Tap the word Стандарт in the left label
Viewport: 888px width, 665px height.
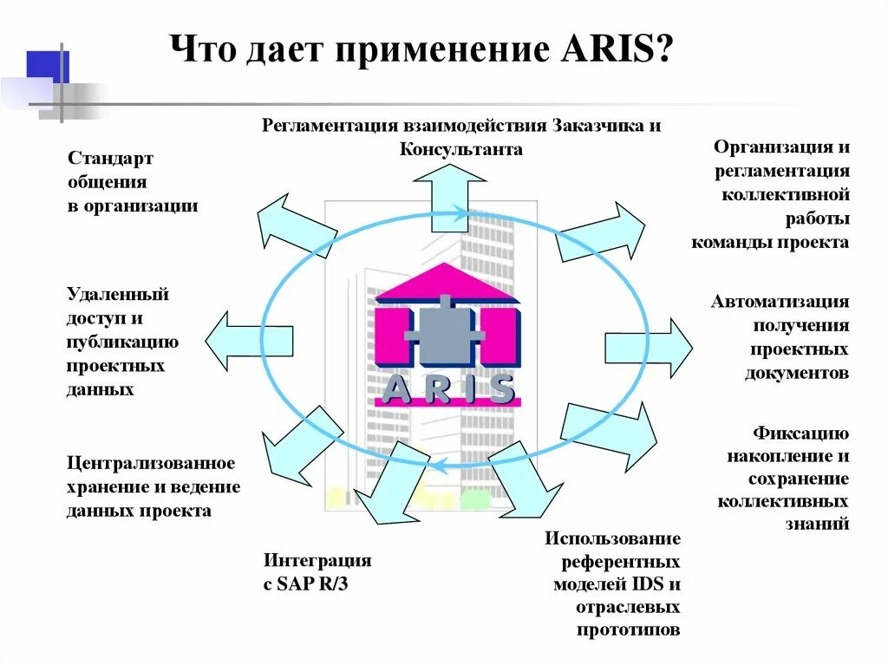point(110,159)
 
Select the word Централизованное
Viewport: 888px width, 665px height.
point(151,464)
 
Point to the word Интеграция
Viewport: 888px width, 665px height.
point(317,560)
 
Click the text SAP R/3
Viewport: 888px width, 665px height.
point(312,584)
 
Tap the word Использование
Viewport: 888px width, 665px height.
point(612,538)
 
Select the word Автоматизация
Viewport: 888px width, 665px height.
point(780,302)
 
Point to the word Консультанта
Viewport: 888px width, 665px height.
point(460,149)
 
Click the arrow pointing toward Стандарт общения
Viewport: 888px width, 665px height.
point(295,225)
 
